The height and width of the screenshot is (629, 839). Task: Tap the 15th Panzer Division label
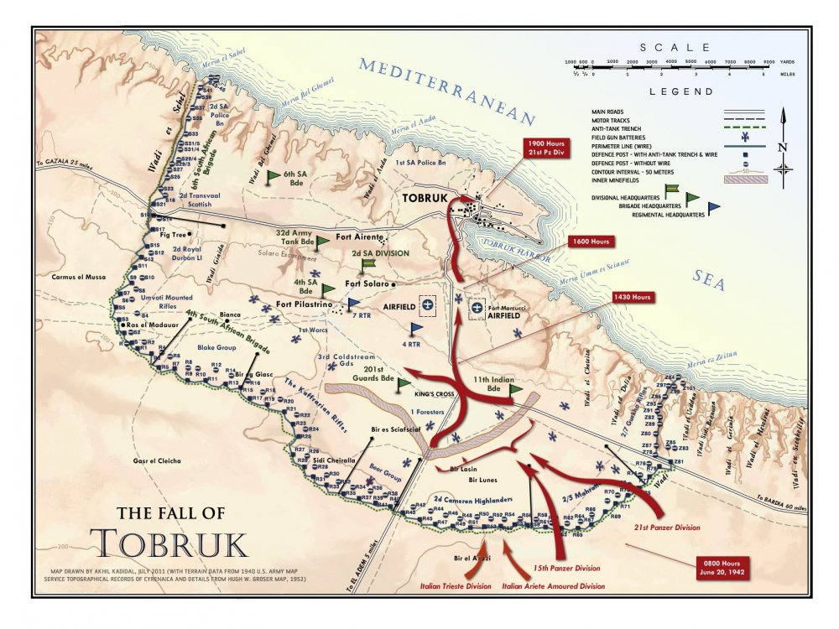tap(566, 568)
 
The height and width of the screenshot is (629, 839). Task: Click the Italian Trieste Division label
tap(456, 586)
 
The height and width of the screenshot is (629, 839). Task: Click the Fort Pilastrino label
tap(306, 304)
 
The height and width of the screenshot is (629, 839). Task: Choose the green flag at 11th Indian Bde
tap(514, 389)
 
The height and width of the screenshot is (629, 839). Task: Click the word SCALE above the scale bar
tap(675, 48)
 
